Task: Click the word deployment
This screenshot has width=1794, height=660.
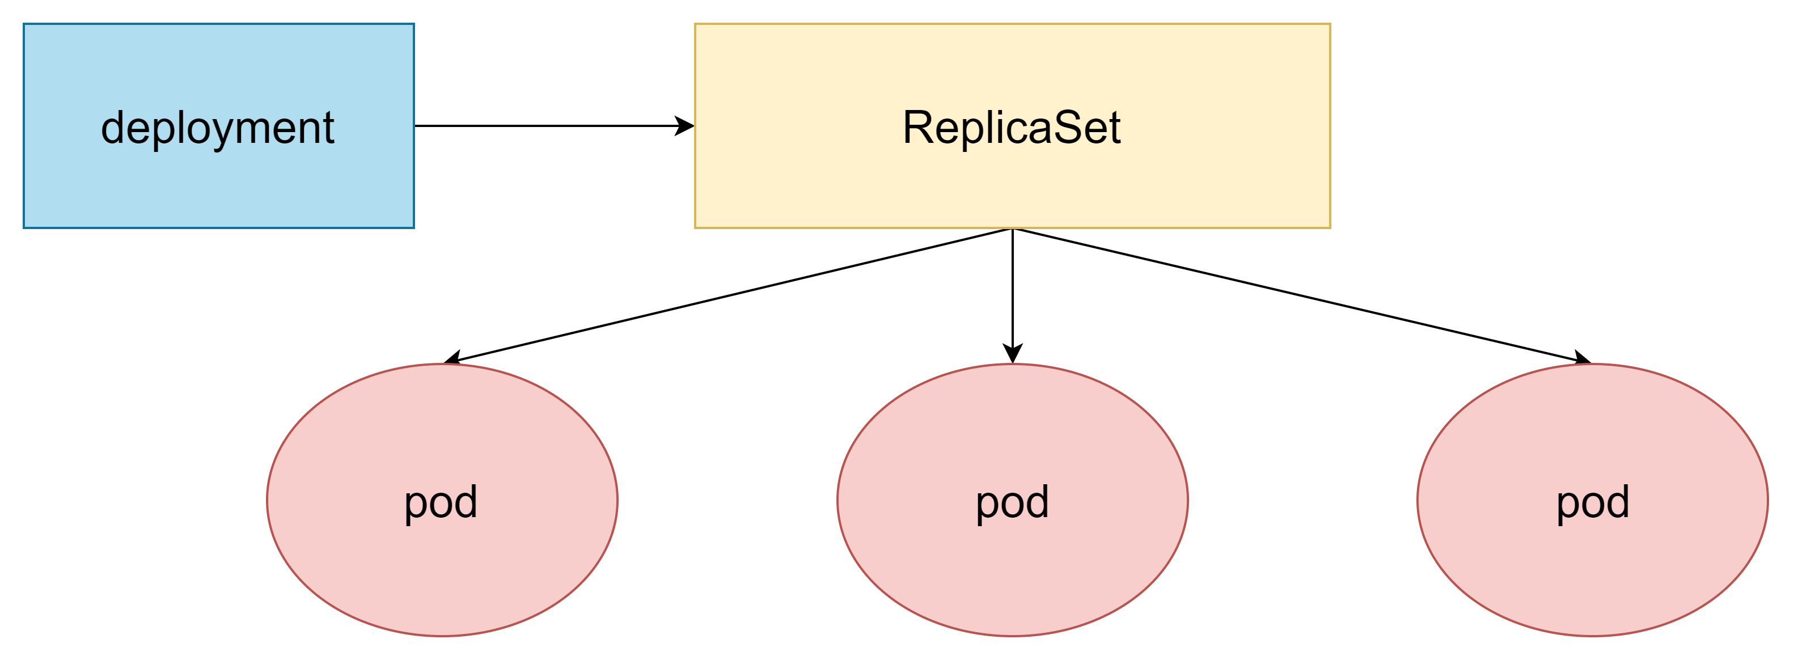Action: click(217, 128)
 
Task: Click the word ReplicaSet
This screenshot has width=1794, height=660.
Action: click(1011, 128)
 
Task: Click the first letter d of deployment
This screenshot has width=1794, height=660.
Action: click(113, 128)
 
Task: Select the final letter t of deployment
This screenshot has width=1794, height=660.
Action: click(329, 128)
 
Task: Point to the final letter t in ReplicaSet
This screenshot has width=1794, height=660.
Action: click(1115, 128)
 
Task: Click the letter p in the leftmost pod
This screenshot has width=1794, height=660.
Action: click(416, 506)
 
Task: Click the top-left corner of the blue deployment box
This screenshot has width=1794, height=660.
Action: click(24, 24)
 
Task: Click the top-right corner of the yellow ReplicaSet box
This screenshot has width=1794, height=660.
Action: click(1330, 24)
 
